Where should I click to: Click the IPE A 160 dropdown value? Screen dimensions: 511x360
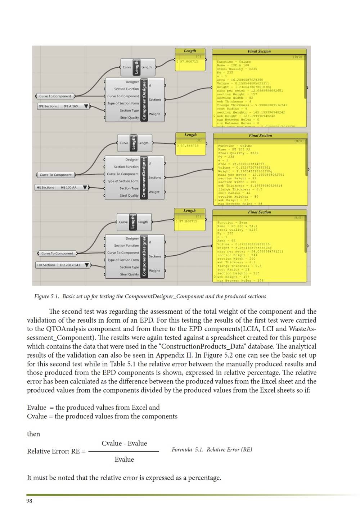[71, 106]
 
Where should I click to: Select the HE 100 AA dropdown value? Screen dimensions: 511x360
[68, 188]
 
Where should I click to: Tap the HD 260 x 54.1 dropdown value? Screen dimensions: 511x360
[70, 265]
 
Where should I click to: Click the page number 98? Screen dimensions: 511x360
[29, 501]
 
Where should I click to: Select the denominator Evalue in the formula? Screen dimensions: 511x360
[124, 460]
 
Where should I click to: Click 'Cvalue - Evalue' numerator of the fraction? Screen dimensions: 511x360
[124, 443]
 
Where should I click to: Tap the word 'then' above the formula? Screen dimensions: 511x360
[33, 434]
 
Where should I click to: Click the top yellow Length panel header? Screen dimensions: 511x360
[190, 51]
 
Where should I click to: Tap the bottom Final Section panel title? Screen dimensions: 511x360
[259, 212]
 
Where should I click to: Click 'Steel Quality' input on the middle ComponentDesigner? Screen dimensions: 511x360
[129, 196]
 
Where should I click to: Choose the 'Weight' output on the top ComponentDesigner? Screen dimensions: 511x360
[154, 114]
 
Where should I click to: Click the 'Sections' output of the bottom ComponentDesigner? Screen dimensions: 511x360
[155, 256]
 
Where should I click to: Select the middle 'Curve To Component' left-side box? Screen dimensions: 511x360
[55, 175]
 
